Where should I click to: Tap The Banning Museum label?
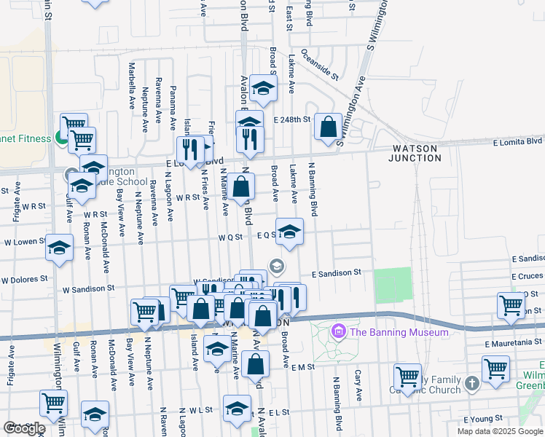399,332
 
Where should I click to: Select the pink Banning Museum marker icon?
337,332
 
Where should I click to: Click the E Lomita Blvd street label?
517,141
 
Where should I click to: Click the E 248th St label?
292,119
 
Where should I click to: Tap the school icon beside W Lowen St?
59,248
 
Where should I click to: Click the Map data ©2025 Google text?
500,431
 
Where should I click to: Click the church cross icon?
471,383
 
